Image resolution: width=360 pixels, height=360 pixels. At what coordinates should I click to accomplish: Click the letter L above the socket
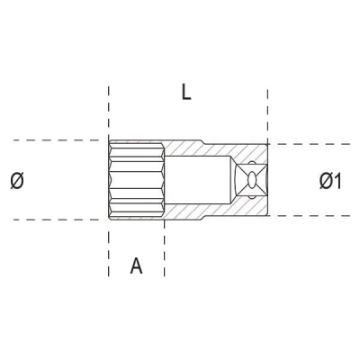185,93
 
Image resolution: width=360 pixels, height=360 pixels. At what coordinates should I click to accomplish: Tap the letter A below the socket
136,265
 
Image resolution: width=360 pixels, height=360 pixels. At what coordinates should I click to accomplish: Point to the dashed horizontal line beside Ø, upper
54,140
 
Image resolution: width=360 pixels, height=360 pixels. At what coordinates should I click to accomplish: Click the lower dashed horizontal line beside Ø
54,219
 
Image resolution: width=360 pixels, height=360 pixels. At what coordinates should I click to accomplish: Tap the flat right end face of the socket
267,180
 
